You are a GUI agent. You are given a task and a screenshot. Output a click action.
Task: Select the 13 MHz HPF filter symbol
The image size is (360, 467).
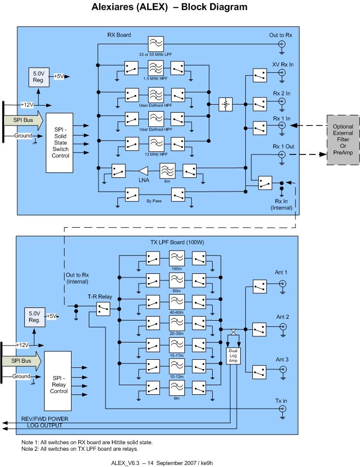click(x=155, y=144)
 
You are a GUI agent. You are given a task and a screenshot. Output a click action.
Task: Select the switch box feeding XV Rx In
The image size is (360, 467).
click(x=259, y=75)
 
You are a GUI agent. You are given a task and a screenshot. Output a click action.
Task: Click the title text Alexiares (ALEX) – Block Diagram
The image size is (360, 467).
click(x=170, y=8)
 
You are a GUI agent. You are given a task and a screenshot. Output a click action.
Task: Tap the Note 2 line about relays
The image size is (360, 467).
click(x=80, y=448)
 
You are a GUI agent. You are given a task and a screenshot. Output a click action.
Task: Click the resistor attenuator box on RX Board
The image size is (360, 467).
click(x=225, y=105)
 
